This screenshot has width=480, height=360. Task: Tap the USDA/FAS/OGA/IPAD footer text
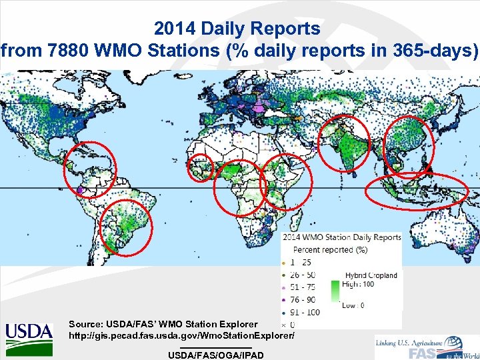[216, 355]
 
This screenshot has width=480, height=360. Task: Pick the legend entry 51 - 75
[305, 287]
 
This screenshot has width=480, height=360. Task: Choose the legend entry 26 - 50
[305, 275]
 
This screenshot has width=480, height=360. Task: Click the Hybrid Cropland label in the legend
[371, 275]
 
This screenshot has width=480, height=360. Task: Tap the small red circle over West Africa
[201, 167]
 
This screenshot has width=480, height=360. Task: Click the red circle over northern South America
[89, 171]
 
